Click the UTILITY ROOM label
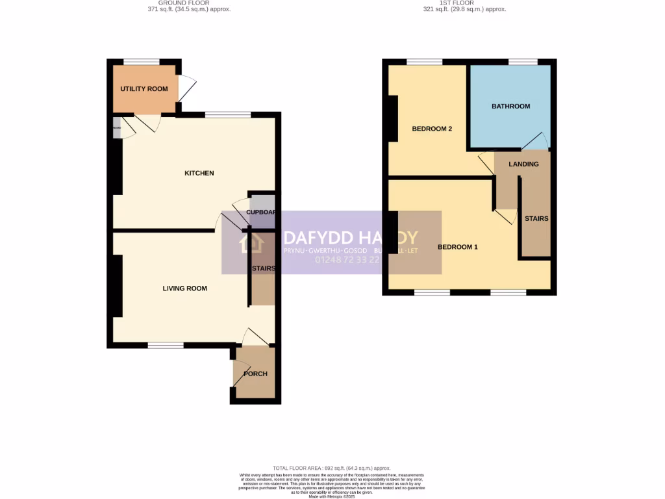(144, 89)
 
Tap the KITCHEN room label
(199, 173)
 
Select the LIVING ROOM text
(184, 288)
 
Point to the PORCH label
(255, 374)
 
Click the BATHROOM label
(510, 106)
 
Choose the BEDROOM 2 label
(432, 129)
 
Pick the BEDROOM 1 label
(457, 247)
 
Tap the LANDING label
(523, 164)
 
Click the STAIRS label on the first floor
(536, 219)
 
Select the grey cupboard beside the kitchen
(262, 211)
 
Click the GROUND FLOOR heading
(188, 3)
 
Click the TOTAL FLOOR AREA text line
(332, 468)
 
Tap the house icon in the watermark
(251, 242)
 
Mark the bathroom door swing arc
(537, 139)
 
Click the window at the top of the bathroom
(523, 62)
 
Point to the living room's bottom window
(165, 345)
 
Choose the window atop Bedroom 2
(425, 62)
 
